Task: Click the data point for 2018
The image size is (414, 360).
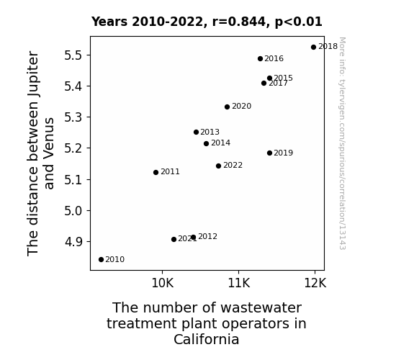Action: [x=313, y=48]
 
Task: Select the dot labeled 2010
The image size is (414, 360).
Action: [x=101, y=260]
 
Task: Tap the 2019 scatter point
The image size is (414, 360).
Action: [x=269, y=153]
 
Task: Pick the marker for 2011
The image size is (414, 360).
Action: [x=156, y=173]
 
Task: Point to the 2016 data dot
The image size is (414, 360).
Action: [x=260, y=58]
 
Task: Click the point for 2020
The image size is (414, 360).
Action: [x=227, y=107]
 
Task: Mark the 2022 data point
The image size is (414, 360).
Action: [x=218, y=166]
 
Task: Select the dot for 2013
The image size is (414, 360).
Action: [x=196, y=132]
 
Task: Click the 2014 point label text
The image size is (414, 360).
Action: [x=221, y=143]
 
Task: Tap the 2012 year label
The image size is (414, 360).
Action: [x=208, y=236]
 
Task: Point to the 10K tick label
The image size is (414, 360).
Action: [x=163, y=283]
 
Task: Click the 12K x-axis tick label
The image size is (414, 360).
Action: [x=315, y=283]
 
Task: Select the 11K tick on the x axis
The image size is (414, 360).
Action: [x=239, y=283]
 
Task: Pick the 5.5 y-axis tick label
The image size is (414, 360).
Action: [x=73, y=55]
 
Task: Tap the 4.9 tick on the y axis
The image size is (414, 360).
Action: [x=73, y=242]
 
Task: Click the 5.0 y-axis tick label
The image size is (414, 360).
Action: [x=73, y=211]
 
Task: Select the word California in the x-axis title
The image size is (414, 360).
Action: [x=207, y=339]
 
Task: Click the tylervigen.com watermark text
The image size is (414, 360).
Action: [x=342, y=143]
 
